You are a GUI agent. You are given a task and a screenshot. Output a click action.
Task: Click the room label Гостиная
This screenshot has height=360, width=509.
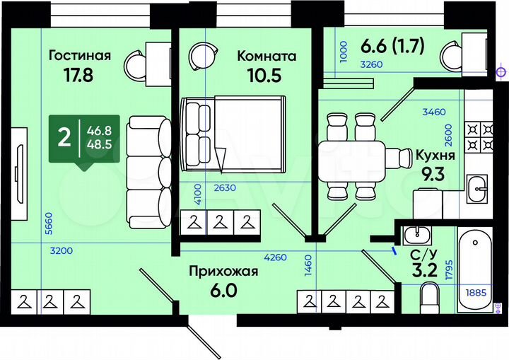click(x=80, y=56)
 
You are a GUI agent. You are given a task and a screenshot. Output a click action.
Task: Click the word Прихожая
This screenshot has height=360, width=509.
click(x=223, y=271)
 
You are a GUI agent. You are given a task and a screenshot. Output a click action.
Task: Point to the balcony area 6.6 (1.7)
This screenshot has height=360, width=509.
click(x=392, y=46)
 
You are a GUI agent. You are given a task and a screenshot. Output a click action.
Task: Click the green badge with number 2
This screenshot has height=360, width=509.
click(x=64, y=137)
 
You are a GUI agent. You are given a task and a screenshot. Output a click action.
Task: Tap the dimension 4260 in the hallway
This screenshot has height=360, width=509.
click(x=275, y=257)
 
